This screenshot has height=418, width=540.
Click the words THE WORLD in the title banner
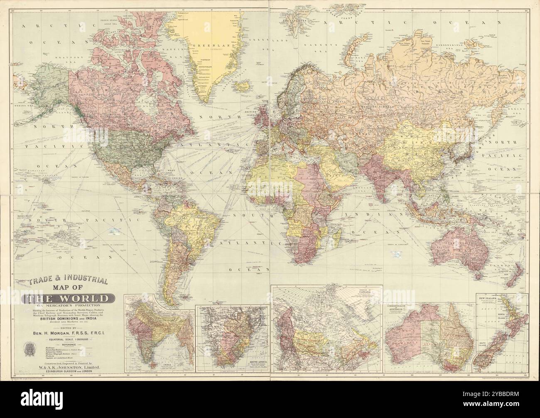click(69, 299)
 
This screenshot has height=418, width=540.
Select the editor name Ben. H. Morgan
click(69, 333)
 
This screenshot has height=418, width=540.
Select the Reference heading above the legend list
click(69, 345)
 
